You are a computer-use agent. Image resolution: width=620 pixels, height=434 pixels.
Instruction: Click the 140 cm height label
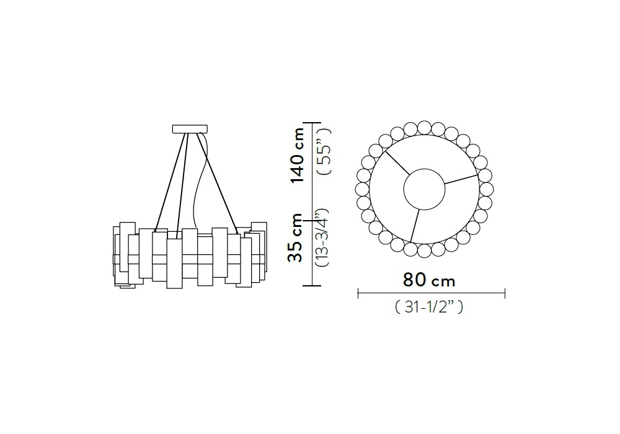click(298, 155)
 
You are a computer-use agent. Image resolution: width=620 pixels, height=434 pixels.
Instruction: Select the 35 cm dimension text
click(295, 237)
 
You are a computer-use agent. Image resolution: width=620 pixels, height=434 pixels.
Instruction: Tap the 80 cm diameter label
click(429, 280)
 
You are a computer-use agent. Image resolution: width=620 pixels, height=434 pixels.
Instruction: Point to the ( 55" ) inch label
click(325, 152)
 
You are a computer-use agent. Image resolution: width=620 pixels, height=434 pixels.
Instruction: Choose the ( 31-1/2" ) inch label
click(428, 307)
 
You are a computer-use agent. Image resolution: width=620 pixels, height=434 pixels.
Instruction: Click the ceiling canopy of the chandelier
click(190, 129)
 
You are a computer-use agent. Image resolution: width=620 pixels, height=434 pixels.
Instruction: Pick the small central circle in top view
click(424, 189)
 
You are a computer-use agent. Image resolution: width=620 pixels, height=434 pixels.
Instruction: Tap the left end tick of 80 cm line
click(358, 294)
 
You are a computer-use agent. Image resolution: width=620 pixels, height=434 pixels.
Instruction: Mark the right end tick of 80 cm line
click(505, 294)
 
